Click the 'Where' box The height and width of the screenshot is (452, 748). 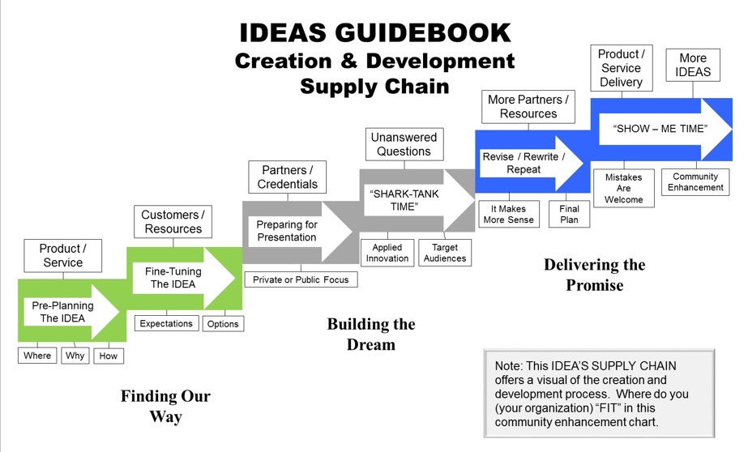pyautogui.click(x=37, y=356)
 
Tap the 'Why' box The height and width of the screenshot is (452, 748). pyautogui.click(x=75, y=356)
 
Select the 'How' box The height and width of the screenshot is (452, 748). pyautogui.click(x=108, y=356)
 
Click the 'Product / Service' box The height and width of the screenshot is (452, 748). pyautogui.click(x=62, y=255)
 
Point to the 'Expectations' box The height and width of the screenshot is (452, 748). pyautogui.click(x=166, y=323)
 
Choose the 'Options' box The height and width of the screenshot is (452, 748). pyautogui.click(x=223, y=324)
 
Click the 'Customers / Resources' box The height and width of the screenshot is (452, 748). pyautogui.click(x=171, y=222)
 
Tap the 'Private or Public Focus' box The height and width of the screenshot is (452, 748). pyautogui.click(x=301, y=279)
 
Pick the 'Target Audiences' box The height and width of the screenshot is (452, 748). pyautogui.click(x=445, y=253)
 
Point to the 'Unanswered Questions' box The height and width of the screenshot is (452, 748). pyautogui.click(x=404, y=144)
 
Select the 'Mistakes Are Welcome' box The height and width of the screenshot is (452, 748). pyautogui.click(x=623, y=189)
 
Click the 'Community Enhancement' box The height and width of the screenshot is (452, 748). pyautogui.click(x=695, y=182)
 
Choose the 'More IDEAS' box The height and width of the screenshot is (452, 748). pyautogui.click(x=694, y=65)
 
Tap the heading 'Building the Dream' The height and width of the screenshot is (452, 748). pyautogui.click(x=371, y=334)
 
